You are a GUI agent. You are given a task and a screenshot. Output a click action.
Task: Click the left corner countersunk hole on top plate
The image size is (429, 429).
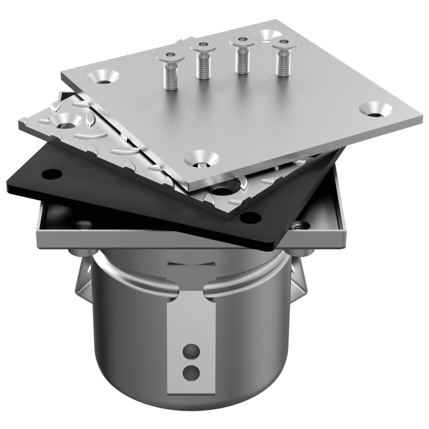(105, 77)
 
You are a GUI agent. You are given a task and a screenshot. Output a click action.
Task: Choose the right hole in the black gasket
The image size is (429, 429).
(252, 218)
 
